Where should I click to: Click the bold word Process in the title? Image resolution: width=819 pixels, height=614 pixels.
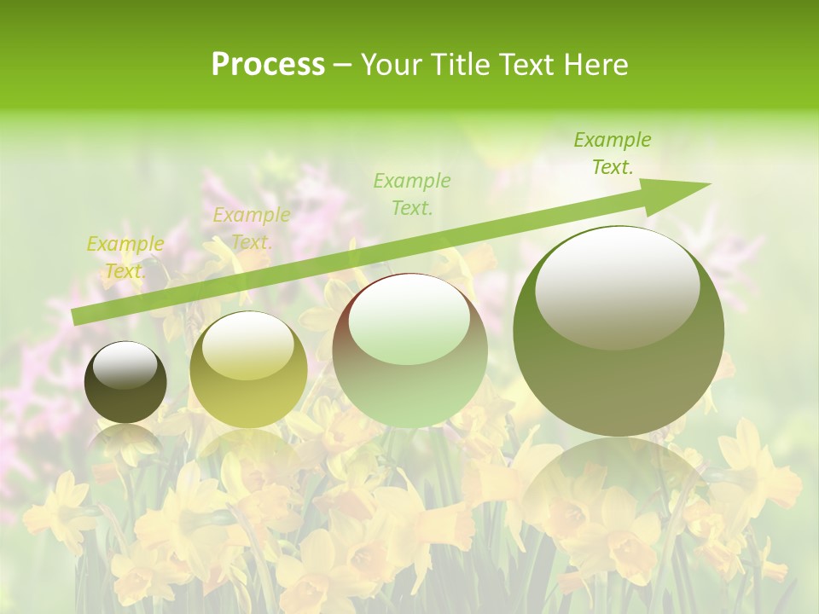click(268, 65)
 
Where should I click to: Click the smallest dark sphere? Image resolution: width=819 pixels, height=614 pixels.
click(125, 382)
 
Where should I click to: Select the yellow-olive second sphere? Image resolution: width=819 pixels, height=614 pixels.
click(248, 369)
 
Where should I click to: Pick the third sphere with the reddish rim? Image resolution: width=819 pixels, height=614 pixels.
click(409, 350)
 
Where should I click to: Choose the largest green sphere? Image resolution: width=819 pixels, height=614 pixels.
click(619, 331)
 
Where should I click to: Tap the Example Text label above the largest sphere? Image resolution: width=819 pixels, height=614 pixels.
click(612, 153)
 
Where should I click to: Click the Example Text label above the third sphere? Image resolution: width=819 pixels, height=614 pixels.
click(411, 194)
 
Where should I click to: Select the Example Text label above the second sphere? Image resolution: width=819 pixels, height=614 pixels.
click(251, 229)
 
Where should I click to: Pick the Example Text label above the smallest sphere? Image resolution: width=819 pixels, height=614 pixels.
click(125, 258)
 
